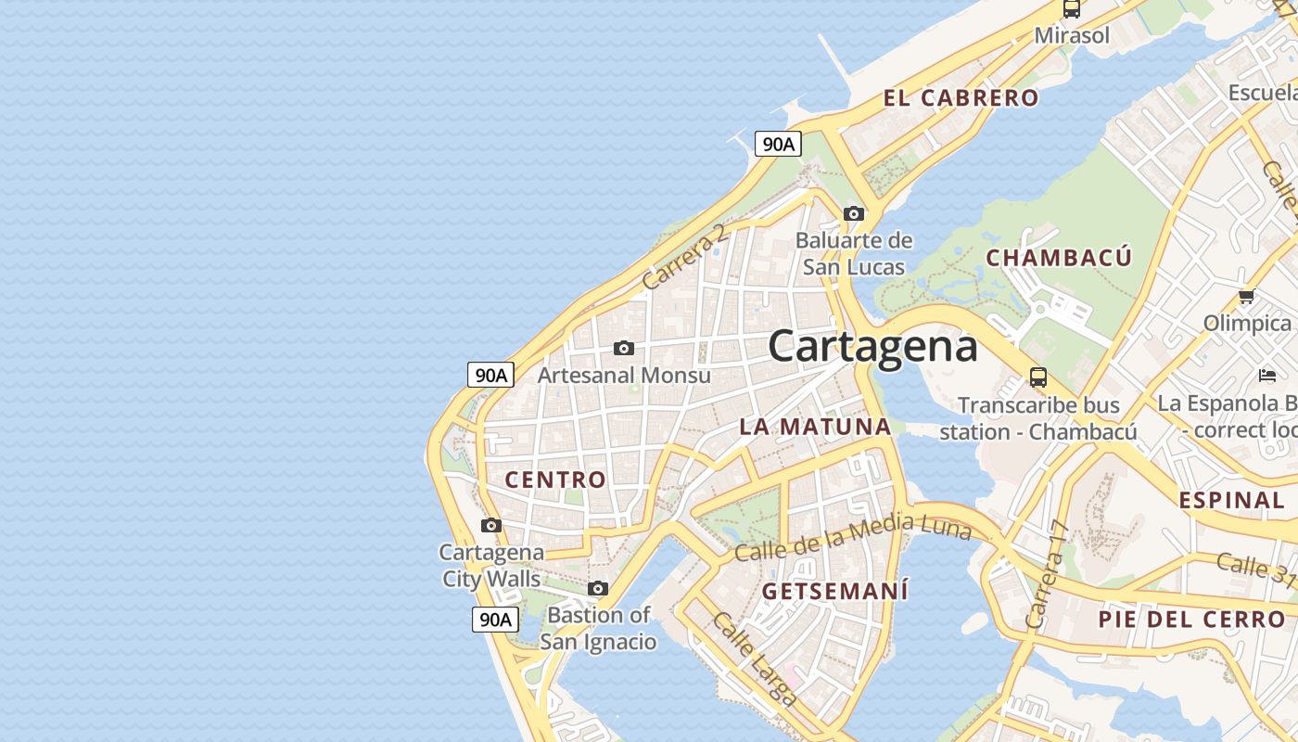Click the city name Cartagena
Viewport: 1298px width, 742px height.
(872, 347)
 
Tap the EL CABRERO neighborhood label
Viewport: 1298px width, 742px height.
(961, 98)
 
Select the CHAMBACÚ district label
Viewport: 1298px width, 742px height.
(1059, 258)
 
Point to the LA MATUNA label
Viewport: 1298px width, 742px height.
(815, 427)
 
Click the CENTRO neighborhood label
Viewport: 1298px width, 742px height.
(555, 480)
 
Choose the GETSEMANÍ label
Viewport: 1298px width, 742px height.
(834, 591)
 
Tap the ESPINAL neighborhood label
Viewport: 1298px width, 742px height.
(1231, 501)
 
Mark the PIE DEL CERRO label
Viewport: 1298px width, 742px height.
(1191, 620)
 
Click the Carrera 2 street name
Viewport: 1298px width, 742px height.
(685, 257)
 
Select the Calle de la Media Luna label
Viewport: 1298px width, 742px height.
(853, 537)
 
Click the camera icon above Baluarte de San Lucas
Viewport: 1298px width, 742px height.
(854, 214)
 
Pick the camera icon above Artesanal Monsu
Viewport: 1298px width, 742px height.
(624, 349)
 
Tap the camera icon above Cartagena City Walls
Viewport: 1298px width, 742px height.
(491, 526)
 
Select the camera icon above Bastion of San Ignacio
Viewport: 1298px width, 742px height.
(598, 588)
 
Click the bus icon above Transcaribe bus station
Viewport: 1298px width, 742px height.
(1038, 378)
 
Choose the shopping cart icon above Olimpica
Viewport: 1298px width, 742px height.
(1246, 297)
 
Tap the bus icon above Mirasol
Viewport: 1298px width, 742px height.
(1072, 9)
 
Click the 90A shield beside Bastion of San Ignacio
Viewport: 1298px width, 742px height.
(494, 620)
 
